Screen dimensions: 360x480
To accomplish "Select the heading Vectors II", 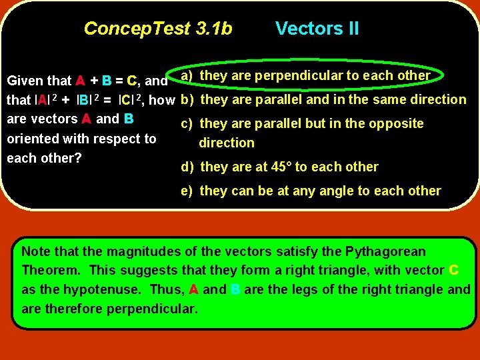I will tap(317, 29).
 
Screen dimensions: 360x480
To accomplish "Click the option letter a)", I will tap(187, 75).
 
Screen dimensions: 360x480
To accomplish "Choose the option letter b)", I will tap(187, 100).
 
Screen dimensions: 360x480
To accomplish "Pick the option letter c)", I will tap(187, 124).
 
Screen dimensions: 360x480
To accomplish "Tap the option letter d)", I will tap(187, 167).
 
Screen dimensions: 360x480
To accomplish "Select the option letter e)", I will tap(187, 191).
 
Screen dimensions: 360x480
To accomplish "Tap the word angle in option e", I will tap(331, 191).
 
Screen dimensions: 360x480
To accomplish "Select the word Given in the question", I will tap(25, 81).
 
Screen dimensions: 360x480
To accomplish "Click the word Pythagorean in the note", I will tap(385, 252).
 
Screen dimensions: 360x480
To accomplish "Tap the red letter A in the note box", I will tap(193, 290).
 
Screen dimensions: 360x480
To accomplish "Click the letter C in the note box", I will tap(453, 271).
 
